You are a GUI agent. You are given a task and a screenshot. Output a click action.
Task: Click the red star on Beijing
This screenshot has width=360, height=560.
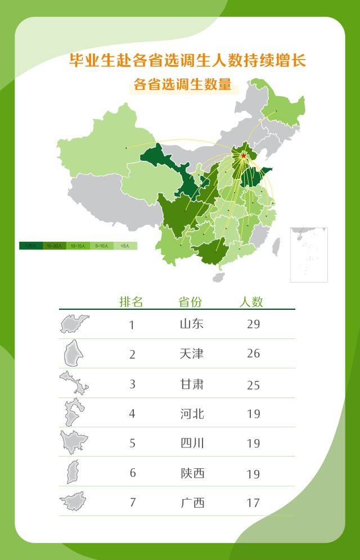(x=244, y=156)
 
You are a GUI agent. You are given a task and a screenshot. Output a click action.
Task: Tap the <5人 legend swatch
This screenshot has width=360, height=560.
(x=125, y=246)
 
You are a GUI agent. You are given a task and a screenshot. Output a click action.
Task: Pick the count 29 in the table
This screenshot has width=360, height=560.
(x=253, y=324)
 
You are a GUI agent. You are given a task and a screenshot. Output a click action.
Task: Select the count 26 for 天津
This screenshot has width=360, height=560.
(x=253, y=354)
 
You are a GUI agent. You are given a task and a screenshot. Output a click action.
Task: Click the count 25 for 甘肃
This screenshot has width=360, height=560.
(x=253, y=385)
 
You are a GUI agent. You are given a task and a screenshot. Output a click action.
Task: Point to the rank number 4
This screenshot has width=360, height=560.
(x=132, y=414)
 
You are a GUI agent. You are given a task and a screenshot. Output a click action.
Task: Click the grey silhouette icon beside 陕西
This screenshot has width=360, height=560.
(x=73, y=472)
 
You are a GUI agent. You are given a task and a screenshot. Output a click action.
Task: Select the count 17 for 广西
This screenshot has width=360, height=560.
(x=253, y=503)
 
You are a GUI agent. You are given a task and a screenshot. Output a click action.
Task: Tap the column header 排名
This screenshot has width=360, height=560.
(x=131, y=302)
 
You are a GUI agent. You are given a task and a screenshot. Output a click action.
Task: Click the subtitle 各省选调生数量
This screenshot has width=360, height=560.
(x=183, y=85)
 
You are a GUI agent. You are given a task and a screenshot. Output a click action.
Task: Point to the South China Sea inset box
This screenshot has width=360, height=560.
(x=309, y=255)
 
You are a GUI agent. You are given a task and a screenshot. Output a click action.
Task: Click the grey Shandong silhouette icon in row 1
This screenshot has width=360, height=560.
(x=75, y=324)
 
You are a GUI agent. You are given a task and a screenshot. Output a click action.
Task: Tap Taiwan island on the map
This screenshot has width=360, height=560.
(x=276, y=246)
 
